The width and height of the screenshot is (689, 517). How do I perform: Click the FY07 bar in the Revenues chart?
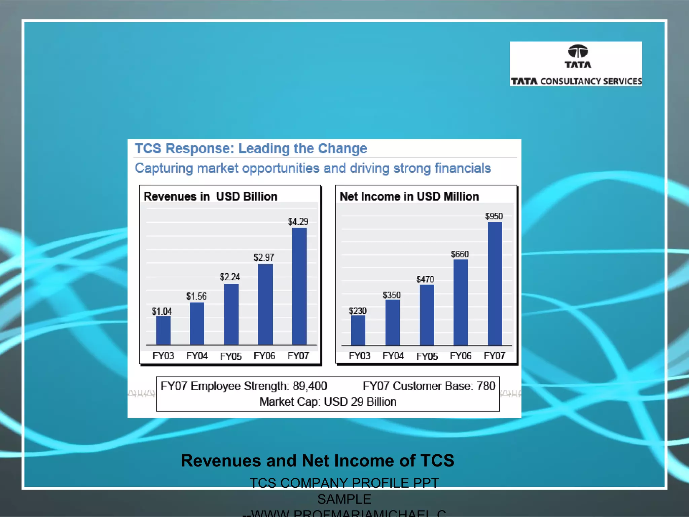coord(299,286)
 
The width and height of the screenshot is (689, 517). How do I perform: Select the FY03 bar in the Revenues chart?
coord(163,331)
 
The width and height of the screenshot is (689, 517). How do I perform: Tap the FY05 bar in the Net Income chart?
coord(427,315)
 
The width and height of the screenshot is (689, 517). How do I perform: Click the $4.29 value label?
coord(298,221)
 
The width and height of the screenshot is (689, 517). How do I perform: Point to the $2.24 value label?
coord(230,277)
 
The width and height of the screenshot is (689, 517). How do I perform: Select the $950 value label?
coord(494,216)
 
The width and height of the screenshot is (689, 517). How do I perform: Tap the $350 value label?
coord(392,295)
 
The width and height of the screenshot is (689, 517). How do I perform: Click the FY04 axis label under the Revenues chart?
coord(197,356)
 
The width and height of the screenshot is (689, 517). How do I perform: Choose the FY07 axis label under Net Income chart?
coord(494,356)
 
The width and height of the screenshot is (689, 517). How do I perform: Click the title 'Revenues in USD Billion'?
coord(211,197)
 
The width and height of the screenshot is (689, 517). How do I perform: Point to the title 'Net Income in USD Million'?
coord(409,197)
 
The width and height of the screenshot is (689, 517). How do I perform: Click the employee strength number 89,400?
coord(310,386)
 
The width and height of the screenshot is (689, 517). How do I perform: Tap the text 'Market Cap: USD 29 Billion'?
coord(328,402)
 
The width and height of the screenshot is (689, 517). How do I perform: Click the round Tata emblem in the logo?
coord(578,51)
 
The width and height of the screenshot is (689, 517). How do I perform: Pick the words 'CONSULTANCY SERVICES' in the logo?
coord(591,81)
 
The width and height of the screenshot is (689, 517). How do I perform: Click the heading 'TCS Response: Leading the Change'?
coord(251,148)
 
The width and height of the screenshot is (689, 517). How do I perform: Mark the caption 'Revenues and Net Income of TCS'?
coord(318,460)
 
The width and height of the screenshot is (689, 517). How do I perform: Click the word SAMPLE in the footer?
coord(344,499)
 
